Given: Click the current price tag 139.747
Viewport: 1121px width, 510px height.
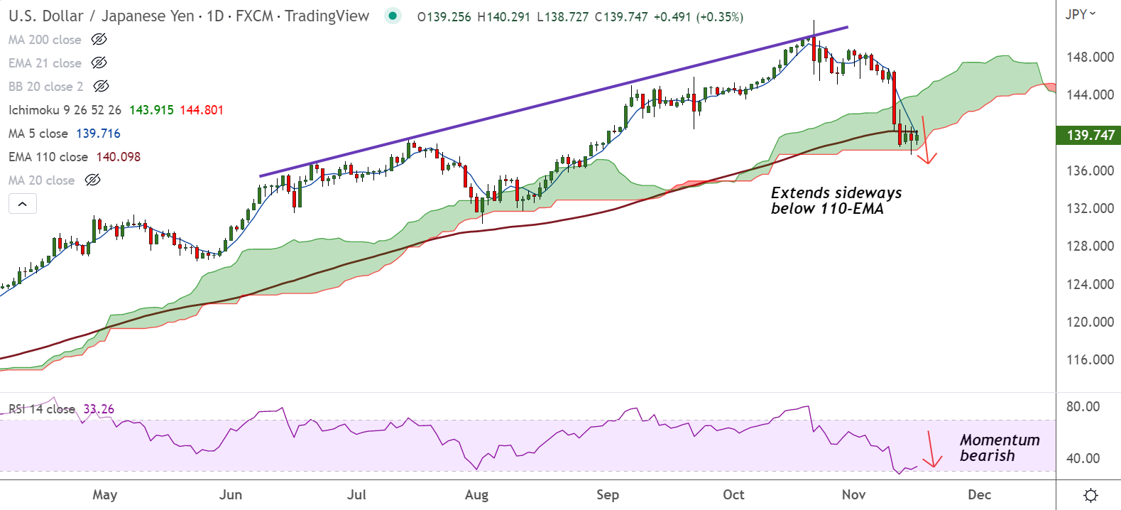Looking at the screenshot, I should point(1090,135).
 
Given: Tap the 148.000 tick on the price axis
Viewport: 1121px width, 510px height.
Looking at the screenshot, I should point(1090,57).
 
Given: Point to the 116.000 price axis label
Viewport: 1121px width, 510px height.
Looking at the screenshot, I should point(1090,359).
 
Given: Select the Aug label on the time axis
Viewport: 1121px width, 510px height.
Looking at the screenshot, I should point(476,494).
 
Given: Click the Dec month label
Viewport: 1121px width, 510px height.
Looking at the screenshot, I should point(979,494).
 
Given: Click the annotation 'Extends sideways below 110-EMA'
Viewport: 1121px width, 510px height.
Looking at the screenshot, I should point(836,200).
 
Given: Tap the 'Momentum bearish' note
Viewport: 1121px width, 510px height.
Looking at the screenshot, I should point(999,447).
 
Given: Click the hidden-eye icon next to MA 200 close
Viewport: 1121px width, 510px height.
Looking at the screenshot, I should point(99,40).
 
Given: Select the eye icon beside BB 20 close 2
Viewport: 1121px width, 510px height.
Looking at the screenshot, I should point(102,87).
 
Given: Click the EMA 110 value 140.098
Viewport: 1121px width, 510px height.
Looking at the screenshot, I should point(118,157).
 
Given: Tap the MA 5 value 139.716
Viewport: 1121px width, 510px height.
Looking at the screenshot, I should point(98,134).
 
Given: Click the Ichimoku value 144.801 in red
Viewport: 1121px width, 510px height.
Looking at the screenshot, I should point(202,110).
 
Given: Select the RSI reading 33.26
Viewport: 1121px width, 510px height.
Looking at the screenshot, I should point(99,409).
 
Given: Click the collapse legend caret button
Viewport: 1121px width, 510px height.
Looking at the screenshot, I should point(23,204).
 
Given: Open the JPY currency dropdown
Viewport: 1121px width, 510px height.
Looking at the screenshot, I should point(1081,14).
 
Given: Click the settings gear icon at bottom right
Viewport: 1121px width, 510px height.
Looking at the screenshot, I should point(1091,495).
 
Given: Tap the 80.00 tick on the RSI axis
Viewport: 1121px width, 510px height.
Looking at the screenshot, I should point(1083,406).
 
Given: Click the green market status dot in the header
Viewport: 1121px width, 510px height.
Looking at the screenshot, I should point(393,16).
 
